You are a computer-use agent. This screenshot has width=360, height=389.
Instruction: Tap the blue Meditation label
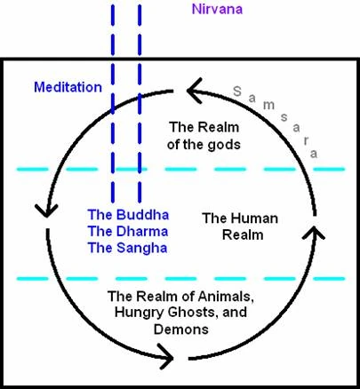[68, 87]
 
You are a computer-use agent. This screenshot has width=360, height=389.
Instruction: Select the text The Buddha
[128, 215]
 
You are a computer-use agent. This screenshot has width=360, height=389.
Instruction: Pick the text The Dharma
[128, 231]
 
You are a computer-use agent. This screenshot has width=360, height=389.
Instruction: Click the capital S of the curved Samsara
[236, 91]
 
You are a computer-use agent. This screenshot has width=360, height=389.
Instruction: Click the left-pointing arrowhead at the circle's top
[195, 87]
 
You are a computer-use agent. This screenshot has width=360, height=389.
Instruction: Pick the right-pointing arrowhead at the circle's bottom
[165, 359]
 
